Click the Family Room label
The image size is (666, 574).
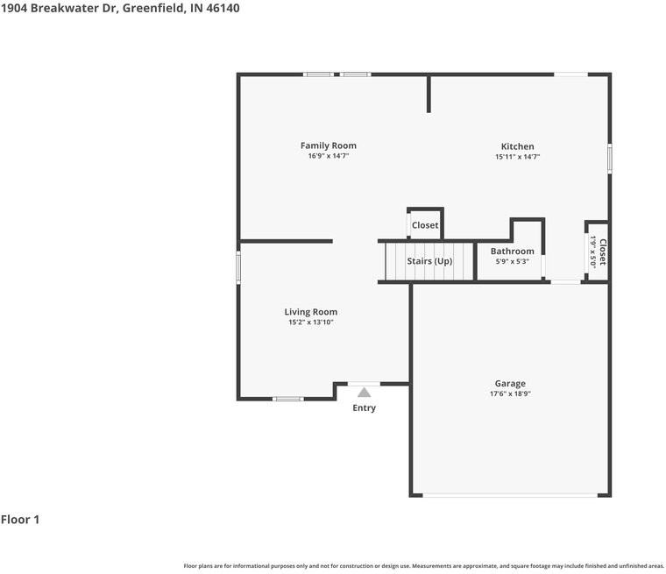click(329, 145)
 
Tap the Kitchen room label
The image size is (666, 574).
click(517, 146)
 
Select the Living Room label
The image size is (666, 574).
click(311, 312)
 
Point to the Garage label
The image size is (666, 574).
click(510, 383)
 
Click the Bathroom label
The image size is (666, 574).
click(512, 252)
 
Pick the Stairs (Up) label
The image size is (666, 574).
click(429, 261)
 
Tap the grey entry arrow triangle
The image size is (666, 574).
click(364, 393)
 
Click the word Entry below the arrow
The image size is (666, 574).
click(364, 408)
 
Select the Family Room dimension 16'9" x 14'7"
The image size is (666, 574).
click(329, 156)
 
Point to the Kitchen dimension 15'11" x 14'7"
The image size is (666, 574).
click(517, 157)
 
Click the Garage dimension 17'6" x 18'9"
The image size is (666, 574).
click(510, 394)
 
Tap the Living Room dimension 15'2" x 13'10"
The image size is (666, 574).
click(311, 322)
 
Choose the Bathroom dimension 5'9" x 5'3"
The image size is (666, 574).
click(512, 261)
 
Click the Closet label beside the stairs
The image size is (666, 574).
click(425, 225)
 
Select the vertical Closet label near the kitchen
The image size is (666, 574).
click(602, 252)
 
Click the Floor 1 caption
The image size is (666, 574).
click(20, 520)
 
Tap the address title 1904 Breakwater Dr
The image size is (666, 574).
click(120, 8)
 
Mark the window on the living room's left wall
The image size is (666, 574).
click(238, 267)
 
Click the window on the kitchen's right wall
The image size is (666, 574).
click(610, 159)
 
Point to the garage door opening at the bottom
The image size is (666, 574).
click(510, 496)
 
